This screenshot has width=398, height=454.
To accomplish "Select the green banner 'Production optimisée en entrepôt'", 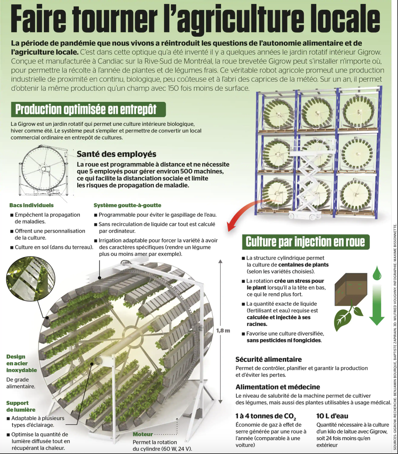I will pos(86,109).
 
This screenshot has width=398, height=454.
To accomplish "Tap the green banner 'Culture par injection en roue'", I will pos(305,241).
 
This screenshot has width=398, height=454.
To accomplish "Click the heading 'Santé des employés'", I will pos(116,154).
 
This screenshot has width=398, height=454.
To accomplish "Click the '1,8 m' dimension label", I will pos(223,330).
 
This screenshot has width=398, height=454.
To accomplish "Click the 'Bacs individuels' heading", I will pos(31,205).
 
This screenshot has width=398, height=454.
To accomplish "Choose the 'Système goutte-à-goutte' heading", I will pos(127,205).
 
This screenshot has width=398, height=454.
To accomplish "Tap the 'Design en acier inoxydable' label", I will pos(22,363).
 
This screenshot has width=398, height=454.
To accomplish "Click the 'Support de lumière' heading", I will pos(21,406).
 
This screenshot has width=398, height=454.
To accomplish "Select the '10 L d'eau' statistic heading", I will pos(332,416).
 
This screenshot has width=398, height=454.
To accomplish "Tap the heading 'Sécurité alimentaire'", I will pos(268,359).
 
